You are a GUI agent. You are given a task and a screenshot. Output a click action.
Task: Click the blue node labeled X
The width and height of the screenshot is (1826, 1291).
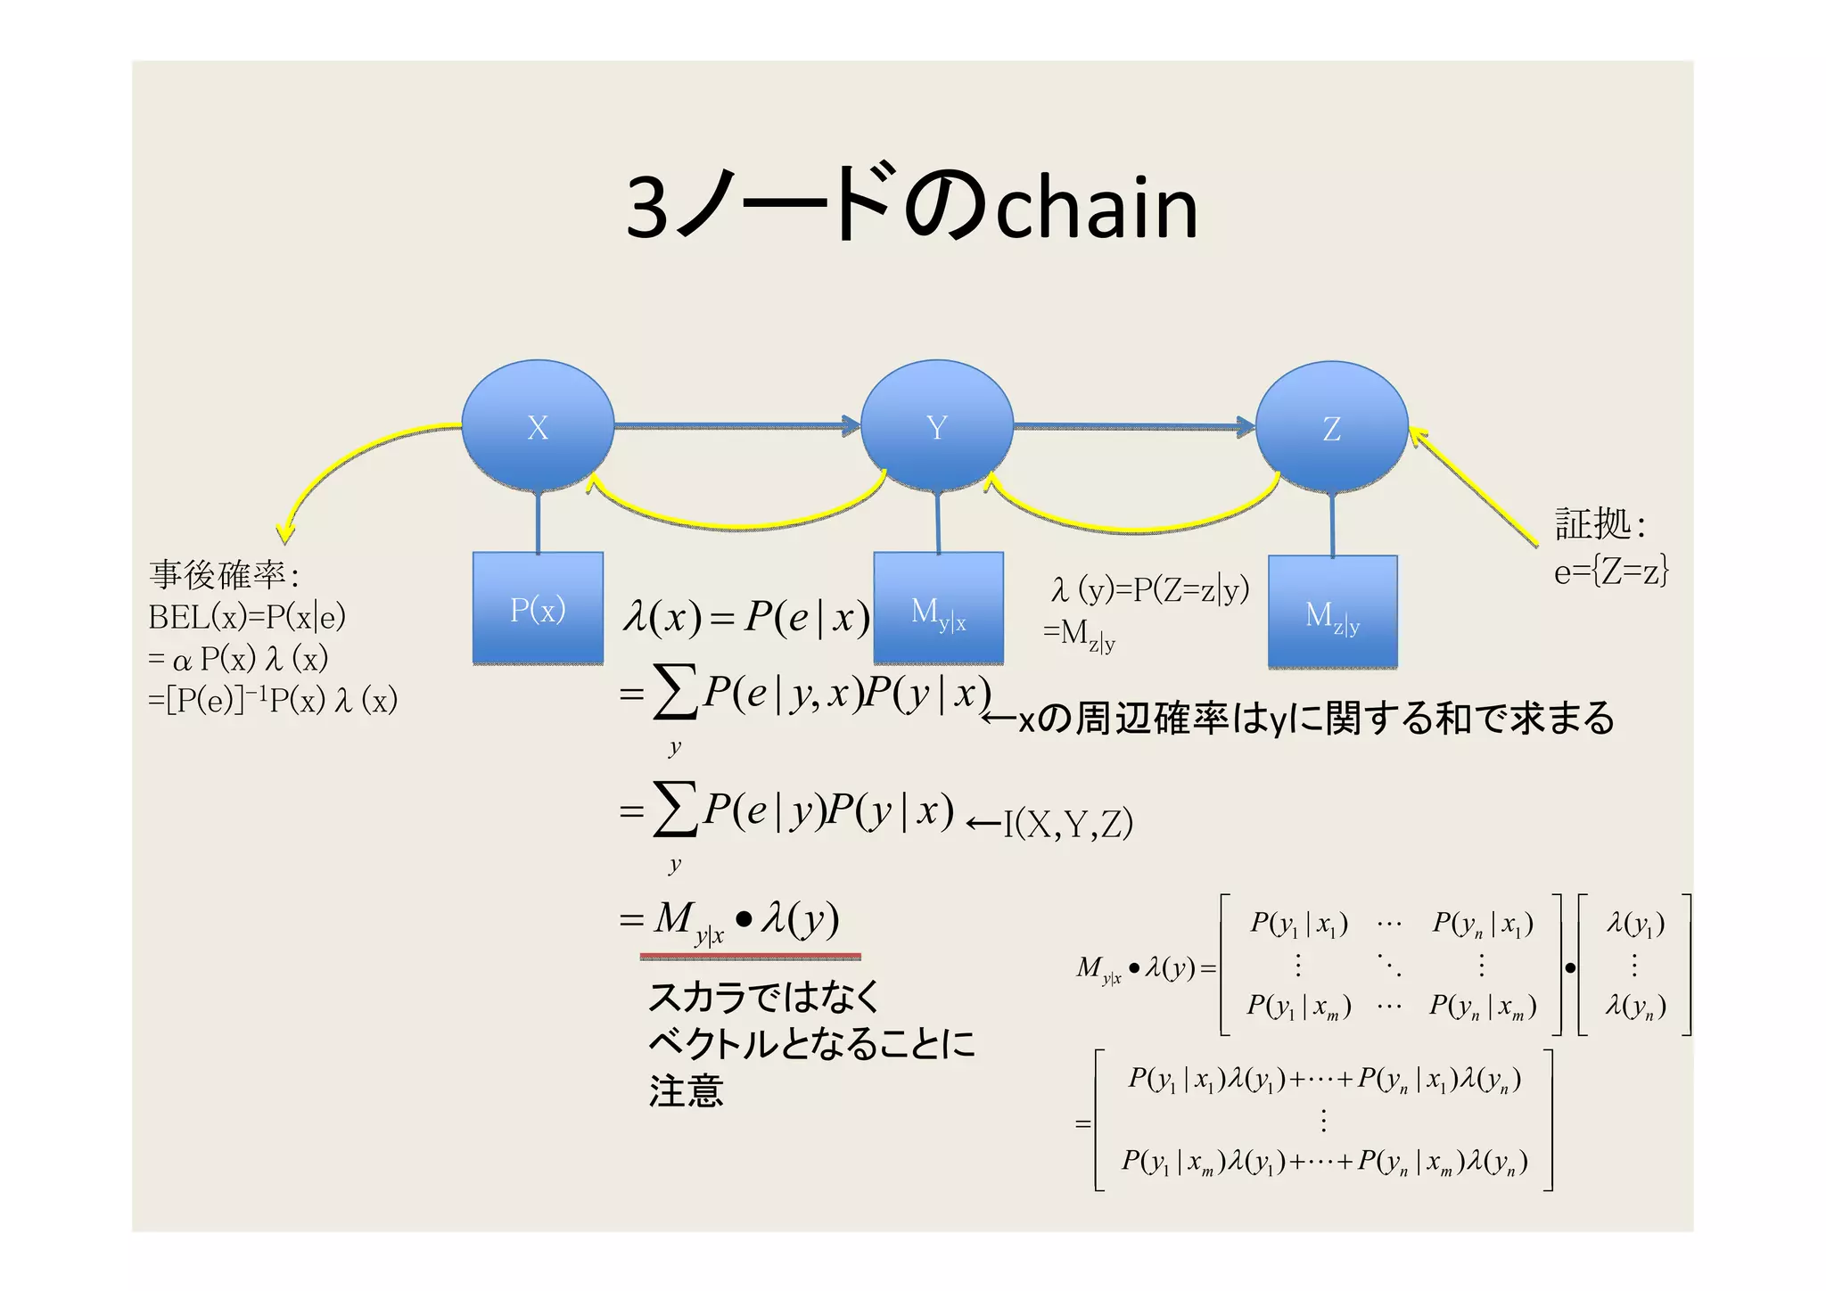pos(537,426)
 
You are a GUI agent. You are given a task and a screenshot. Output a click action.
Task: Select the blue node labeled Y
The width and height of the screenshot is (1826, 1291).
pos(936,426)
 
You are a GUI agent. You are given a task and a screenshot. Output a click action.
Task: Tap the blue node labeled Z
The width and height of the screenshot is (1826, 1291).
pos(1331,428)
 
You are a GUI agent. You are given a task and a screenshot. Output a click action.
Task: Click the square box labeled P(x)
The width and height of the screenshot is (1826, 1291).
pos(538,609)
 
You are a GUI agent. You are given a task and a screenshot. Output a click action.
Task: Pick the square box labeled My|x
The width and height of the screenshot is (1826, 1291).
pos(938,610)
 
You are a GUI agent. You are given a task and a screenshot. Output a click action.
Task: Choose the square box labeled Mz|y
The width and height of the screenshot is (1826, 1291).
pos(1332,613)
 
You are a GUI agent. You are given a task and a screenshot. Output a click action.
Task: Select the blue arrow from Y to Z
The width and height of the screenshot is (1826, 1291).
pos(1132,426)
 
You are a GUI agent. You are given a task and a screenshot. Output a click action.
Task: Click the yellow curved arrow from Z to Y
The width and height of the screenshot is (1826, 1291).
pos(1132,531)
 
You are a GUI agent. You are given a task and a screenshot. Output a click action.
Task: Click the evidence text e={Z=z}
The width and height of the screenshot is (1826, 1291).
pos(1610,571)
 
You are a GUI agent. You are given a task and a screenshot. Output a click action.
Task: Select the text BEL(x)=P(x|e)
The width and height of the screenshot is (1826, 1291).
pos(247,616)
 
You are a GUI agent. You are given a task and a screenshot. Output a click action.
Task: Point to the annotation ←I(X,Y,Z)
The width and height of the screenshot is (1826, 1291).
pos(1050,823)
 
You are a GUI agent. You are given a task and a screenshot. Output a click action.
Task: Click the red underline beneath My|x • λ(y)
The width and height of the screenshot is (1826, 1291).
pos(750,957)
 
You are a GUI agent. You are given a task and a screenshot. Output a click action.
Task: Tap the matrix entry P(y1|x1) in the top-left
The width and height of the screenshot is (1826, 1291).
pos(1298,924)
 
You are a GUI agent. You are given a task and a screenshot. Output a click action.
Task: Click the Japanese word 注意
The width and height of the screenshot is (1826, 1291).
pos(686,1090)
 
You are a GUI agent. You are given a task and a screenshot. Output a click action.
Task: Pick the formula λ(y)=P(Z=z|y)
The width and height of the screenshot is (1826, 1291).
pos(1150,589)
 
